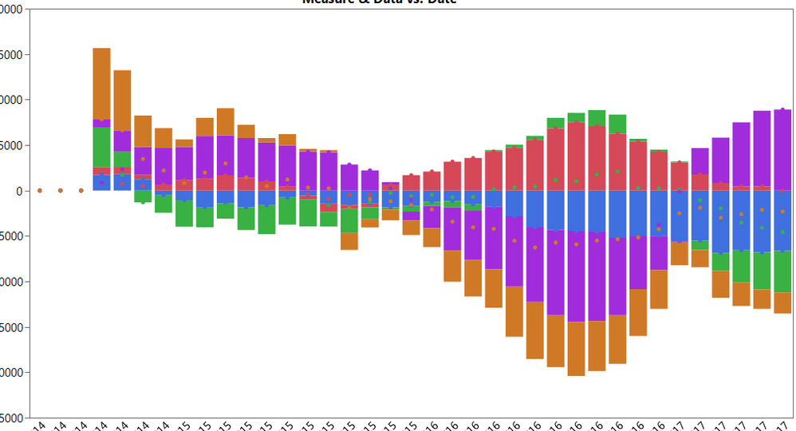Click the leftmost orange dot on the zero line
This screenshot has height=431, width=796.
40,191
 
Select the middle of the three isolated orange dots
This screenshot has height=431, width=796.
61,191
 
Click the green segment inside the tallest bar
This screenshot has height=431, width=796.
101,147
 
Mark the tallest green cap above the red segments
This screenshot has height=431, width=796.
597,117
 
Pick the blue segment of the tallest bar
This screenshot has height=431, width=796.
101,183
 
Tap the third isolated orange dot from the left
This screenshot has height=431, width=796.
81,191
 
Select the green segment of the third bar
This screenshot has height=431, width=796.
143,196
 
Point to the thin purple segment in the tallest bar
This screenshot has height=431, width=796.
101,123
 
